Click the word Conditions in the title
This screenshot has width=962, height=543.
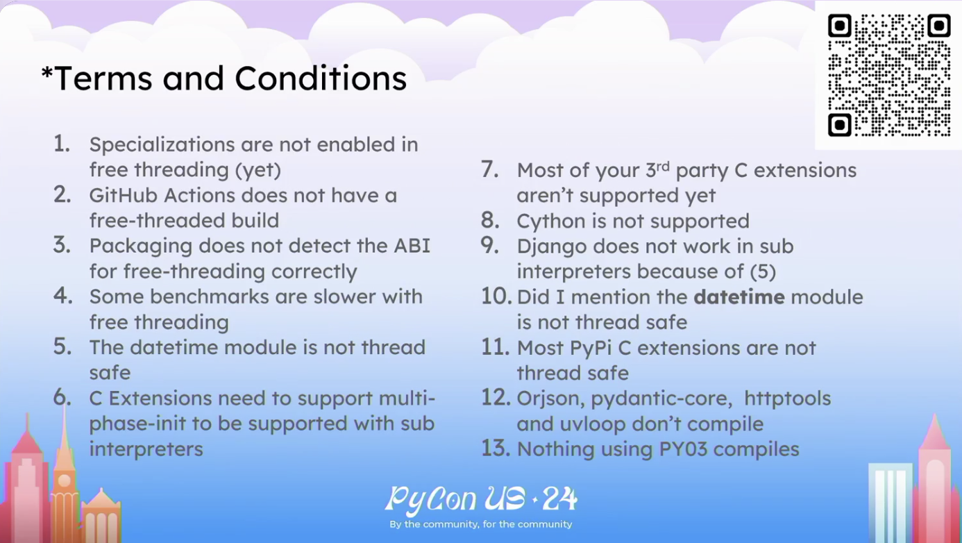pos(321,78)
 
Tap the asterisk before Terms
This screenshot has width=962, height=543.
pos(47,73)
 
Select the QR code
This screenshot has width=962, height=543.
pos(889,75)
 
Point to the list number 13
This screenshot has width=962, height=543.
pos(496,448)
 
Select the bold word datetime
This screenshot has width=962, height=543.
pos(739,297)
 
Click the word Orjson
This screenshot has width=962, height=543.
pos(550,399)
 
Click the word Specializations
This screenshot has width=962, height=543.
pos(162,145)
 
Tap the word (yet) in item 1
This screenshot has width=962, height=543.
pos(258,170)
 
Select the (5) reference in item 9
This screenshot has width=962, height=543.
pos(763,271)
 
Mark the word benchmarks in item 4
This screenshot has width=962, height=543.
pos(209,297)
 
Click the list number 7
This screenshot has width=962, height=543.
pos(490,169)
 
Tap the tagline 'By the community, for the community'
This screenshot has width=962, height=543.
pos(480,524)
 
